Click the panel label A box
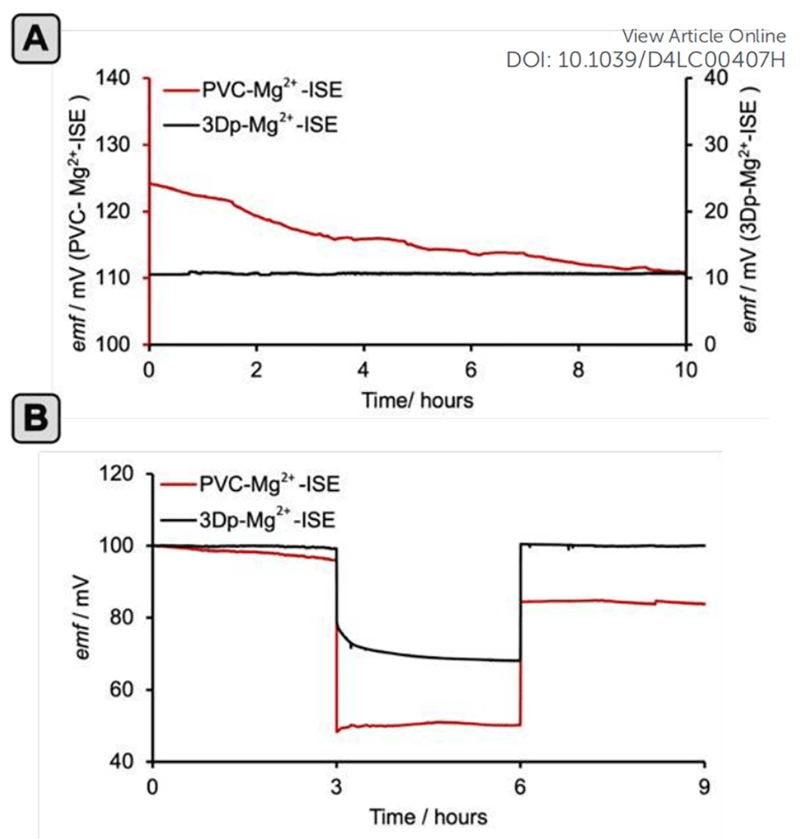tap(35, 40)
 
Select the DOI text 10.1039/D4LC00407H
tap(645, 60)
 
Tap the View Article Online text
tap(704, 36)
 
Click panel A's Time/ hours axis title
tap(417, 399)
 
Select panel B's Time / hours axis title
tap(428, 816)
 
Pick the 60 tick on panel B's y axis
tap(121, 690)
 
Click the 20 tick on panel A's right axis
tap(706, 212)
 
